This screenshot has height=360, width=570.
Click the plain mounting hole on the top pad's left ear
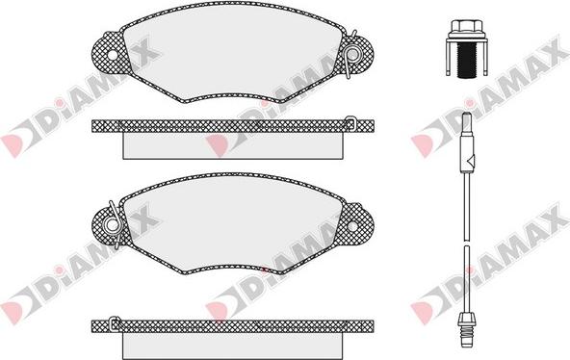pyautogui.click(x=113, y=55)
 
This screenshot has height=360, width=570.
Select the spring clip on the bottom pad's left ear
pyautogui.click(x=114, y=225)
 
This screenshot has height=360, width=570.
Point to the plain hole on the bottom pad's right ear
pyautogui.click(x=352, y=226)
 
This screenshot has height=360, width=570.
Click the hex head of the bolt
pyautogui.click(x=465, y=26)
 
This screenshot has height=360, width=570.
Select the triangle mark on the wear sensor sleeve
pyautogui.click(x=469, y=160)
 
